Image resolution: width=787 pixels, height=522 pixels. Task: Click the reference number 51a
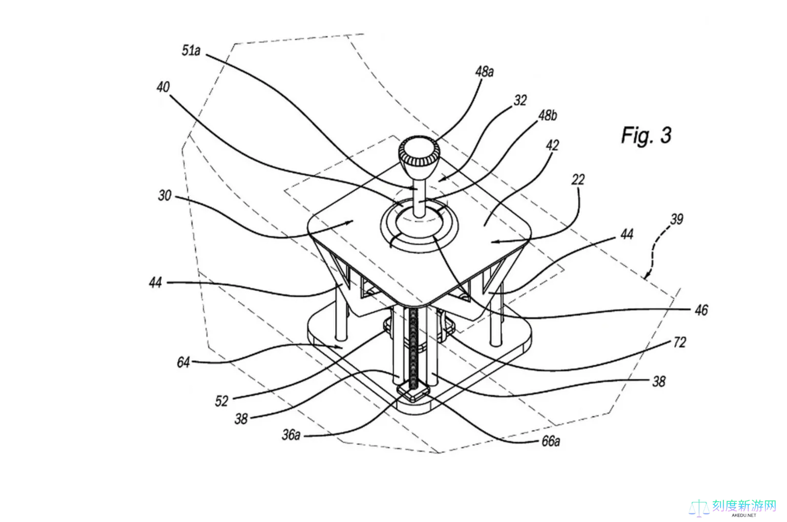191,51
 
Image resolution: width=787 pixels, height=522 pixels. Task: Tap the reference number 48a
484,72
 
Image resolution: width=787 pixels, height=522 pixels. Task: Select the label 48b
548,116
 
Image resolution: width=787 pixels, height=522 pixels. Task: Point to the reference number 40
163,87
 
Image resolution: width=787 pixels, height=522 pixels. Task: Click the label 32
520,100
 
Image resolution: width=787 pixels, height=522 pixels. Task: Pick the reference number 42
552,145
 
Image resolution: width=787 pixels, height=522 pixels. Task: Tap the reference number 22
578,179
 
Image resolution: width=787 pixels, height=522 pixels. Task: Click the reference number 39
677,219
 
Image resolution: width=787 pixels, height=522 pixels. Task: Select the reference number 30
165,195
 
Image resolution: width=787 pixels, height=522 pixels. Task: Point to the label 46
701,310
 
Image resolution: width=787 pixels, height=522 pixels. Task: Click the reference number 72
679,343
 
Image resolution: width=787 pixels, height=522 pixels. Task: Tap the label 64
183,362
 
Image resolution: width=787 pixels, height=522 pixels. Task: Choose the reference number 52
221,401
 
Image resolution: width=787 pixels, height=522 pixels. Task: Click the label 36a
291,435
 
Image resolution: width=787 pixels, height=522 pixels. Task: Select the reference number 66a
550,441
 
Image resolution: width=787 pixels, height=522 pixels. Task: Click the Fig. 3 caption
646,135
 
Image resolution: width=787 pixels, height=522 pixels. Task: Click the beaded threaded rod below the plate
414,344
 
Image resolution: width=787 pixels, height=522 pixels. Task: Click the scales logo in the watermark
699,507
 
